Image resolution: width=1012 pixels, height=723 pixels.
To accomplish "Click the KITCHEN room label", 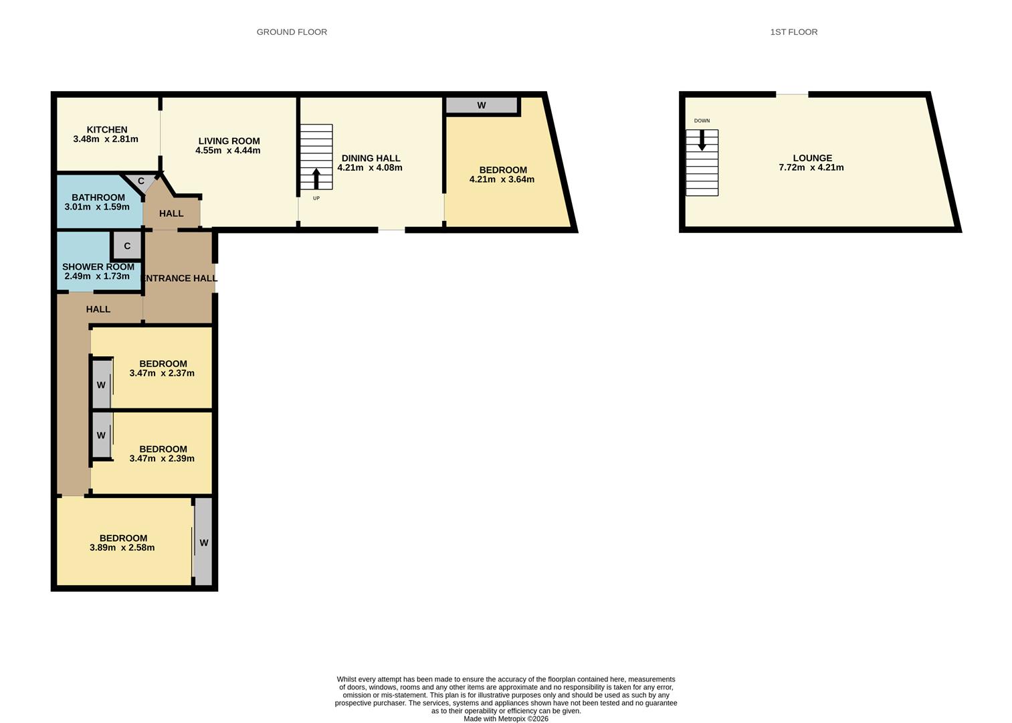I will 107,130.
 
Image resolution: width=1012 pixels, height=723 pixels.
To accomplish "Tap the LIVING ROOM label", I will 229,141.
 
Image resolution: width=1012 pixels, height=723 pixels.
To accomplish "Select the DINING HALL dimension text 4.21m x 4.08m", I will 370,168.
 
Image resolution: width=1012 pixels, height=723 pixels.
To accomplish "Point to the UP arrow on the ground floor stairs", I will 316,179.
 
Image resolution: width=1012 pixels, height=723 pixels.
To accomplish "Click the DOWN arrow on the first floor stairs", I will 702,140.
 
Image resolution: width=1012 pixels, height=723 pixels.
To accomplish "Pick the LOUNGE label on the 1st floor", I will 812,159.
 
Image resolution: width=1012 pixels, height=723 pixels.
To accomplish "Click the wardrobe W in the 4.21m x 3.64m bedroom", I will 481,106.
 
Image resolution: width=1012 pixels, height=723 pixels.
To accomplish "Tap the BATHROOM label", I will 98,197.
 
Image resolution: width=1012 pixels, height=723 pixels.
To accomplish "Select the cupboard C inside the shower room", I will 127,246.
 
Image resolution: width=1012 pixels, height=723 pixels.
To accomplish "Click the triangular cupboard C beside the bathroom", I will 140,181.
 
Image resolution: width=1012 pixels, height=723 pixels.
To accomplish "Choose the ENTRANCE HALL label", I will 181,278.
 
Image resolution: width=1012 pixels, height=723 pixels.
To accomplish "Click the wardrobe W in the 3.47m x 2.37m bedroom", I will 101,385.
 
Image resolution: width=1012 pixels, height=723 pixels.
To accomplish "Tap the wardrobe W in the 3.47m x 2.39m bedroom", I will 101,435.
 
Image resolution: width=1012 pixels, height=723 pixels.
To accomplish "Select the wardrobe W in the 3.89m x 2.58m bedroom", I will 204,543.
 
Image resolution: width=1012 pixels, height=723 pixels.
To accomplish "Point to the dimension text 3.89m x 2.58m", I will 122,548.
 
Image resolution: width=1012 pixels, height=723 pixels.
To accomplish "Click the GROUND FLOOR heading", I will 292,32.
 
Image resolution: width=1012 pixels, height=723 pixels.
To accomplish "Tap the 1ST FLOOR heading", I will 793,32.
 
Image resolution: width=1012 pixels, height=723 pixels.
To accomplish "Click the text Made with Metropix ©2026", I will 506,719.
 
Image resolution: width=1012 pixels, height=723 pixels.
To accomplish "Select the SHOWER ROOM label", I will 98,267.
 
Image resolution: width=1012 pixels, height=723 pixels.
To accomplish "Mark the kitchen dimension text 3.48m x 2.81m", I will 106,139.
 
